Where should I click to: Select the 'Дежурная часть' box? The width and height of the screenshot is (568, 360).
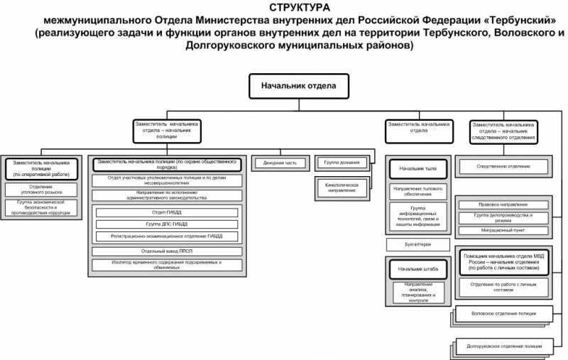coord(279,163)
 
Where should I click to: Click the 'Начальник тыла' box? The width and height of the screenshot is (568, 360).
coord(417,169)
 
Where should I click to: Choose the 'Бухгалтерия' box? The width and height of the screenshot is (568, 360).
coord(417,244)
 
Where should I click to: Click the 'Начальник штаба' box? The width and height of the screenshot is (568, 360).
coord(417,270)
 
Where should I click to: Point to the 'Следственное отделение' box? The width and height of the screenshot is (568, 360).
coord(503,167)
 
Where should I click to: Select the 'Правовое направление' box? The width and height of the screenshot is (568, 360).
coord(503,204)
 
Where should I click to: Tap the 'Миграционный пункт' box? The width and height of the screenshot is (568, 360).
coord(503,231)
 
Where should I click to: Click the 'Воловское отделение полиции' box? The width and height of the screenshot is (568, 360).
coord(503,312)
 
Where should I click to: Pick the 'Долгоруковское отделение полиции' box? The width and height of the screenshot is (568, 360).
coord(504,347)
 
